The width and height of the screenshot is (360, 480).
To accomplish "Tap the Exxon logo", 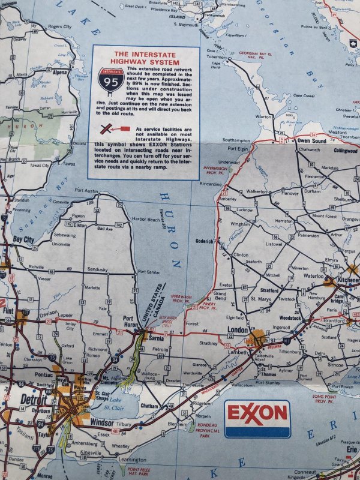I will click(x=257, y=413).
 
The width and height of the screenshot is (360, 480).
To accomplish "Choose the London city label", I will click(x=238, y=331).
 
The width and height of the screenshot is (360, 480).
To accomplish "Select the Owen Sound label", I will click(x=311, y=140).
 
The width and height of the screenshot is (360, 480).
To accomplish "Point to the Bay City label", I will click(x=23, y=239).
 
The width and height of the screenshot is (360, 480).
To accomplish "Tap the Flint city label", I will click(x=8, y=311).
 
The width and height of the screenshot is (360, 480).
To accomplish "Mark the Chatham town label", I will click(x=149, y=406).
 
